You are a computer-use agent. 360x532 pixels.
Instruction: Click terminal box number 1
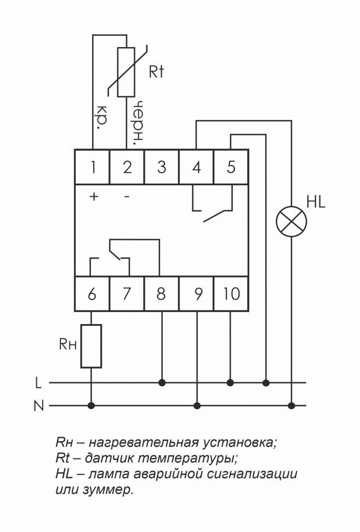tap(93, 167)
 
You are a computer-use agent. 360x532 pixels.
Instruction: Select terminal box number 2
tap(127, 167)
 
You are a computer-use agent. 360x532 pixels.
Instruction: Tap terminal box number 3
tap(162, 167)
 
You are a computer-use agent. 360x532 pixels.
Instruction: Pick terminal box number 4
tap(196, 167)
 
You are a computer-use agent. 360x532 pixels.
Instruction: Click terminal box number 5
tap(231, 167)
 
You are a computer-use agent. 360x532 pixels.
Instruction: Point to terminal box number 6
tap(93, 295)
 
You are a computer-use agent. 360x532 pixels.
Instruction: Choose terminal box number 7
tap(127, 295)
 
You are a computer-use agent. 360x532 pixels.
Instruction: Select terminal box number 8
tap(162, 295)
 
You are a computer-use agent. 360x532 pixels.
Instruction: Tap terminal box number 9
tap(196, 295)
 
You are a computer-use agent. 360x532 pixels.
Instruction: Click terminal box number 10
tap(231, 295)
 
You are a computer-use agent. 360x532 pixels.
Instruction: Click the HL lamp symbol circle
tap(291, 222)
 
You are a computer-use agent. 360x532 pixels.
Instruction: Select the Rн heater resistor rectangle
tap(92, 346)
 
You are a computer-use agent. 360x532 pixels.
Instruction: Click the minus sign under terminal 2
tap(127, 197)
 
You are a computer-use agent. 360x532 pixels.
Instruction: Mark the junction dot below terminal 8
tap(162, 382)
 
